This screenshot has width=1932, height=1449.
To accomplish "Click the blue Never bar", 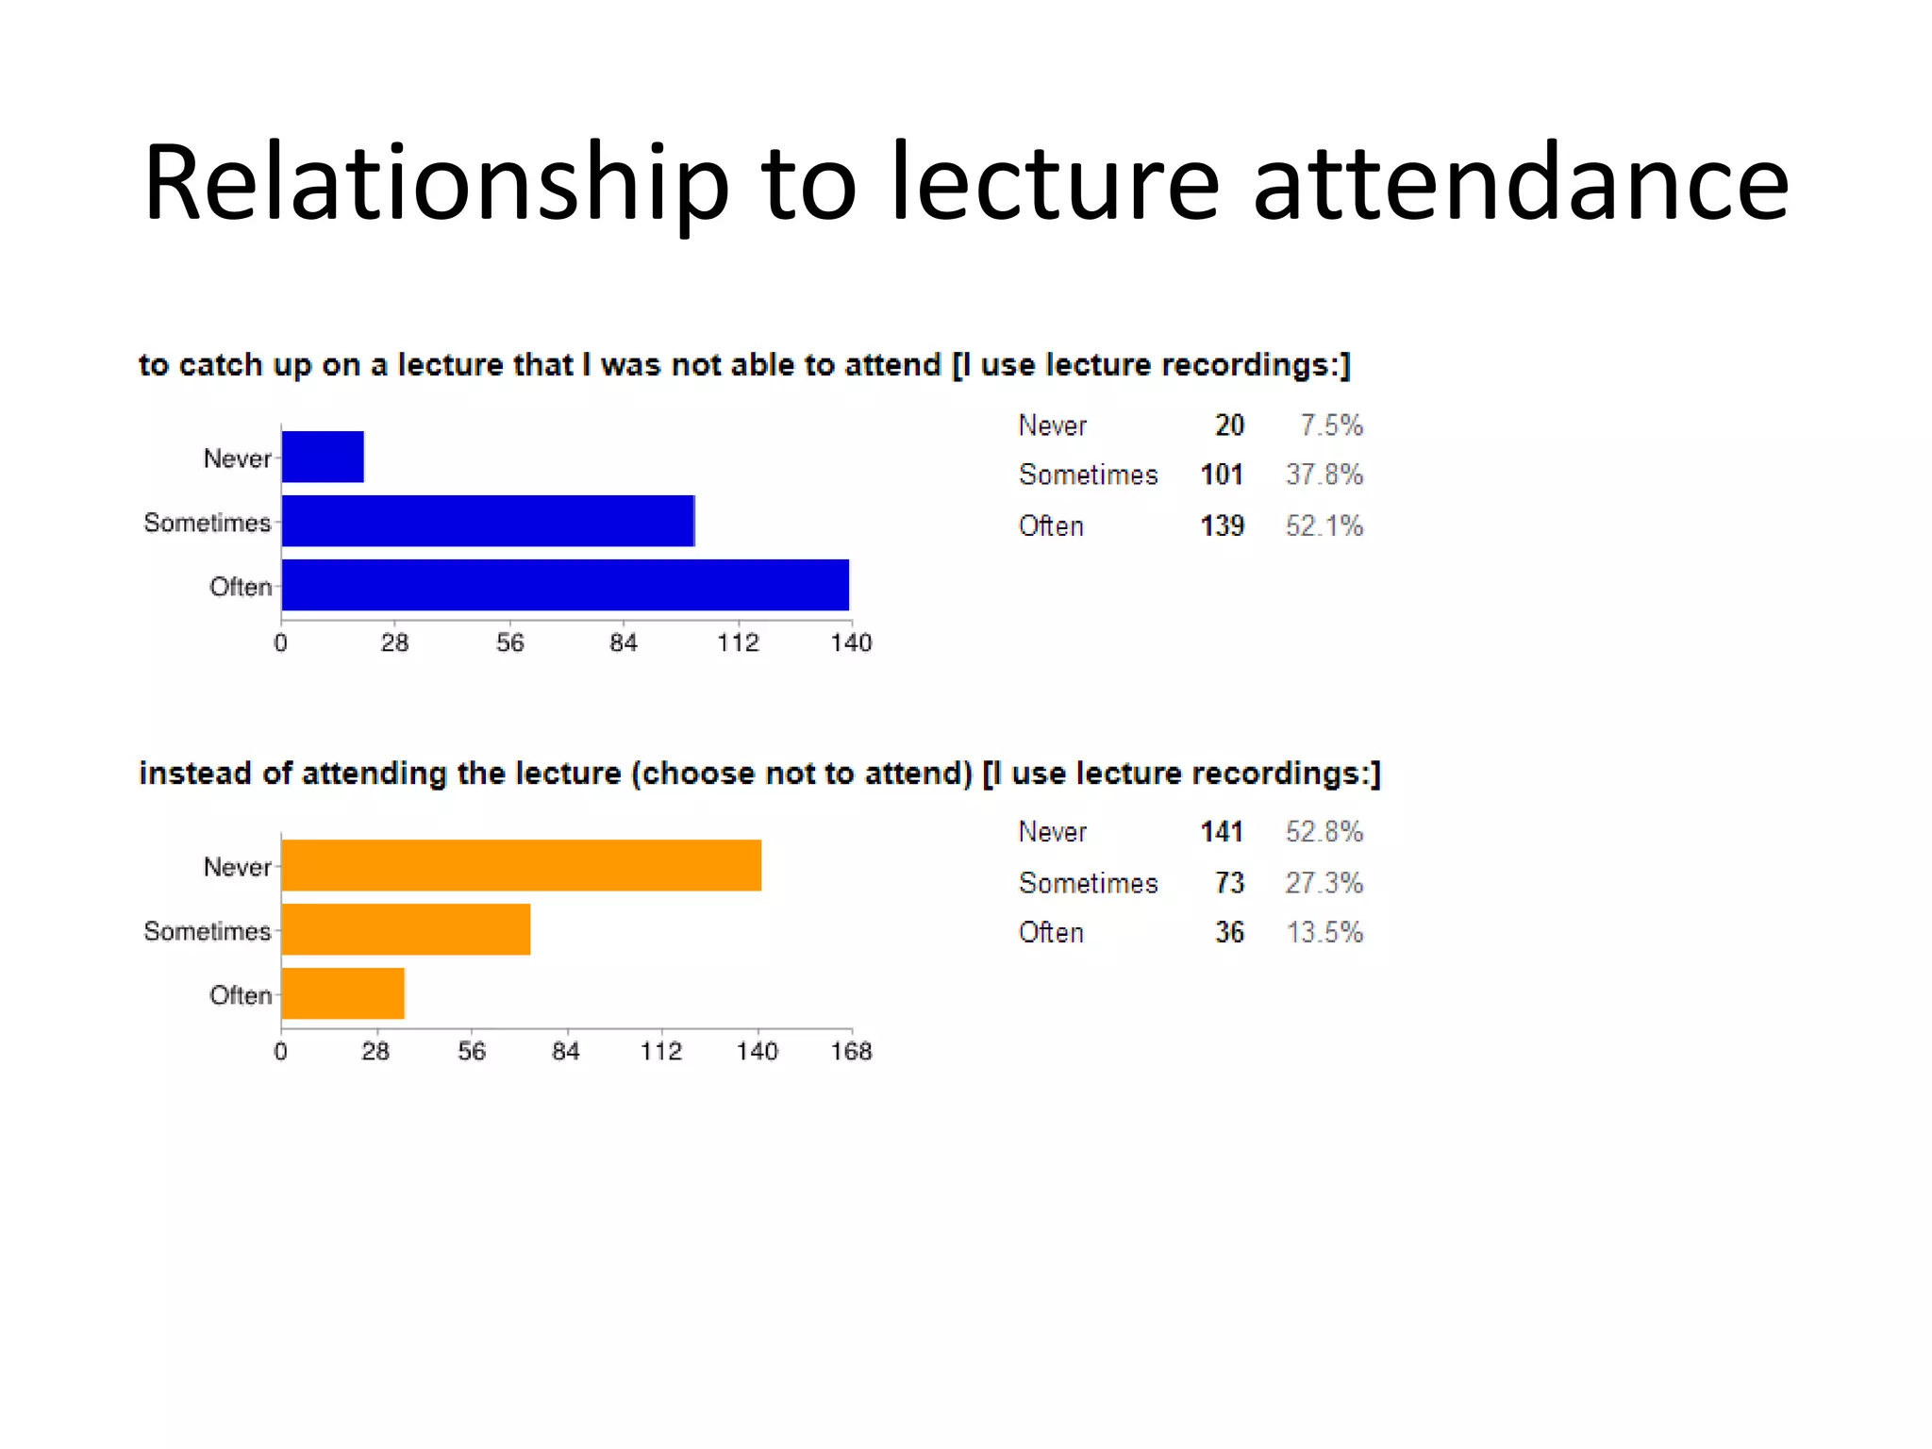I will (323, 457).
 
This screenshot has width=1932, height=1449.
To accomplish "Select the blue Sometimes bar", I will (488, 521).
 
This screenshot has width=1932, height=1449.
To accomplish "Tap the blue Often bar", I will (565, 585).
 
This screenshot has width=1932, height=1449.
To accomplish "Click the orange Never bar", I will (521, 865).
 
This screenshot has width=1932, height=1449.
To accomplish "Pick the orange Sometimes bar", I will (406, 929).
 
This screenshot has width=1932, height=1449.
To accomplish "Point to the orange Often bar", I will (342, 993).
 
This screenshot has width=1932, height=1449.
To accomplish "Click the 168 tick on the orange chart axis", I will (851, 1051).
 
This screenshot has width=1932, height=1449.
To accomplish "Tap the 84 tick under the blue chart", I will (623, 643).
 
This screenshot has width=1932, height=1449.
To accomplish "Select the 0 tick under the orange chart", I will (280, 1051).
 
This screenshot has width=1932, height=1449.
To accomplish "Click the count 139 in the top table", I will (1222, 525).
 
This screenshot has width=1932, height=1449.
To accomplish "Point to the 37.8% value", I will (1324, 475).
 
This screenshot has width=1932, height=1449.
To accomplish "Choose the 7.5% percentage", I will (1331, 425).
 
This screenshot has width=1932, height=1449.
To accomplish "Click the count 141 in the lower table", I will (1222, 832).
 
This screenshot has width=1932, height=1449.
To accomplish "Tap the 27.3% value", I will (1324, 883).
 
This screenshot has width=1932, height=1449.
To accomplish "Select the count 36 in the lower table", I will (1229, 932).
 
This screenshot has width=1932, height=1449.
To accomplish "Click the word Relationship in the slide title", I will (436, 183).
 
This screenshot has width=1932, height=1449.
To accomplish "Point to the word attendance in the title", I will (1520, 183).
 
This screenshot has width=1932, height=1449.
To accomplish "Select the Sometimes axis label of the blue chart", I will (207, 523).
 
